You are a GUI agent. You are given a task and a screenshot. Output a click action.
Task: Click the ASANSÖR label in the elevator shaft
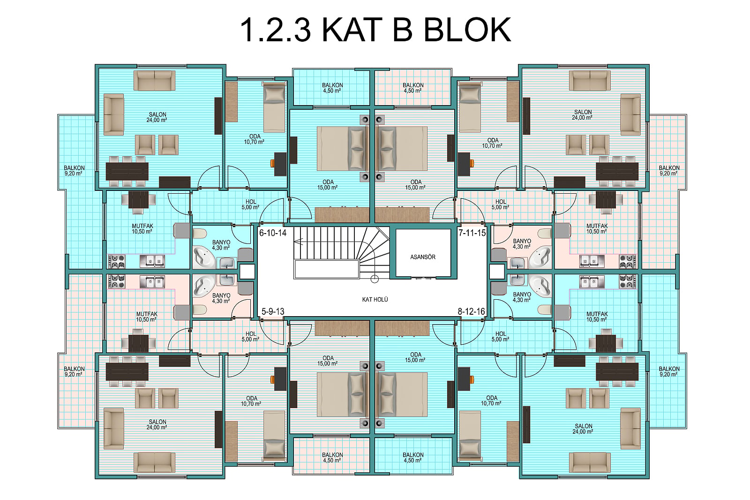click(423, 257)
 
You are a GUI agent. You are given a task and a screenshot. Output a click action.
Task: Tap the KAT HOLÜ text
click(375, 299)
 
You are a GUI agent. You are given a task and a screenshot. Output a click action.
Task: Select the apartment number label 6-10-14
click(273, 233)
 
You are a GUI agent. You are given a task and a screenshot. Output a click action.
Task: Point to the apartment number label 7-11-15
click(472, 233)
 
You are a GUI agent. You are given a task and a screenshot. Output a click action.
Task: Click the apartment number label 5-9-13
click(273, 311)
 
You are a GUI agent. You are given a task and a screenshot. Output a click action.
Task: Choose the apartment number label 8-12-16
click(472, 311)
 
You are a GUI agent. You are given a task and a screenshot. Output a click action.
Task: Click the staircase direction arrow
click(298, 241)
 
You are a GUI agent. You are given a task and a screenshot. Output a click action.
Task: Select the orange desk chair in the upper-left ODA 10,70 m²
click(272, 163)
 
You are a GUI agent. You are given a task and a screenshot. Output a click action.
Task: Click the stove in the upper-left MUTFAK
click(117, 261)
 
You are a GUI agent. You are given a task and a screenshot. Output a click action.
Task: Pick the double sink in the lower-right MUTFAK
click(592, 281)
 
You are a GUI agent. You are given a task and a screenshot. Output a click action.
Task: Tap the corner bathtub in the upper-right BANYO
click(540, 258)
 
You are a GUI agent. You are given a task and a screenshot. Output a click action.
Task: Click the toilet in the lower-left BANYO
click(200, 310)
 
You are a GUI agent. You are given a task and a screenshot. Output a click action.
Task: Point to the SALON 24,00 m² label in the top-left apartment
click(157, 117)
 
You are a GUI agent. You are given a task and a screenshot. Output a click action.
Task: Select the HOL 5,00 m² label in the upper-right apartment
click(501, 205)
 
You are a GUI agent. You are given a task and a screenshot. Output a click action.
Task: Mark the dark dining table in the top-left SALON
click(127, 171)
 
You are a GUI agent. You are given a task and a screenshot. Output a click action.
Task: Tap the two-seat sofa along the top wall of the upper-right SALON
click(590, 80)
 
